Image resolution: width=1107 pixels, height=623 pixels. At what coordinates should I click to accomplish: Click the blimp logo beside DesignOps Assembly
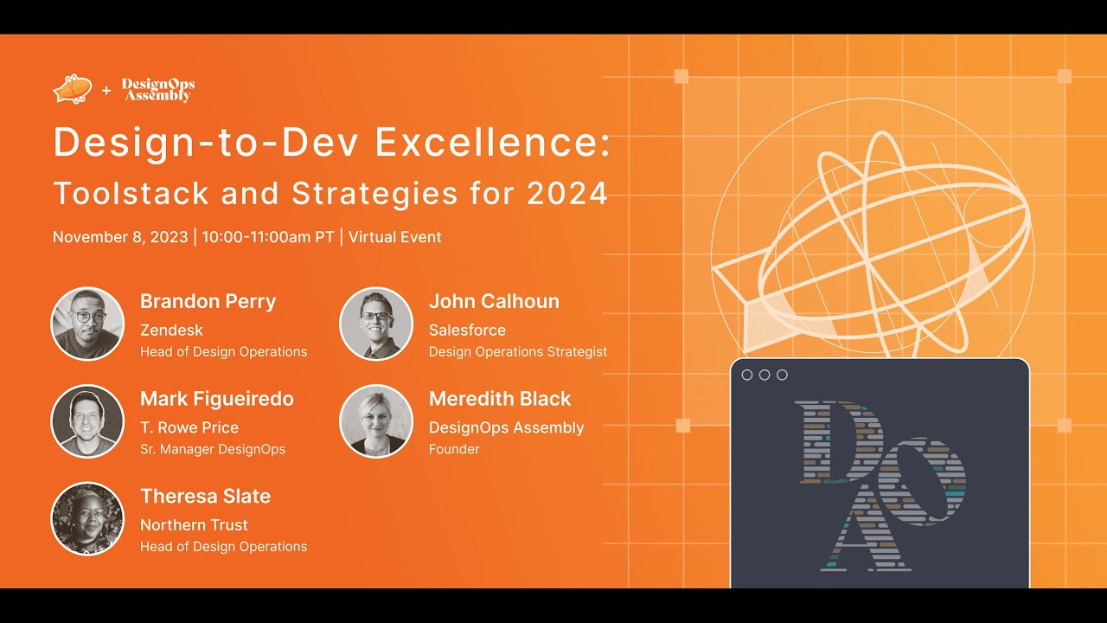pyautogui.click(x=73, y=89)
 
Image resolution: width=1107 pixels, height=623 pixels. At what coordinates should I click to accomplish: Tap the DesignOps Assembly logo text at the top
pyautogui.click(x=157, y=90)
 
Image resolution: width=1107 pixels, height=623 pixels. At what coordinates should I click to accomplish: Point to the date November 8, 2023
pyautogui.click(x=120, y=237)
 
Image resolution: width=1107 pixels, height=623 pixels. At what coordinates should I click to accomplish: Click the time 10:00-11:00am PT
pyautogui.click(x=267, y=237)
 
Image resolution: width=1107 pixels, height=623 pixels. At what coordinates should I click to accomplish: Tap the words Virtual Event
pyautogui.click(x=394, y=237)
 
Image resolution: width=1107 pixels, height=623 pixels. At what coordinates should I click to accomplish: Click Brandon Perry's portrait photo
pyautogui.click(x=87, y=324)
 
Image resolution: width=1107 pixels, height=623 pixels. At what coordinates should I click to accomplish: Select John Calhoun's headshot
pyautogui.click(x=376, y=324)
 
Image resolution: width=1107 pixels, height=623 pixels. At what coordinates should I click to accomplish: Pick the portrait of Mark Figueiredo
pyautogui.click(x=87, y=421)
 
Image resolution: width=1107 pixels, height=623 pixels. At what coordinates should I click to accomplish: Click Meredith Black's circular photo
pyautogui.click(x=376, y=421)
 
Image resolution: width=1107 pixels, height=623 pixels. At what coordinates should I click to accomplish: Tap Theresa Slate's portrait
pyautogui.click(x=87, y=518)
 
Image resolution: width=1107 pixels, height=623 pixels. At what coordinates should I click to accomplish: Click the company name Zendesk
pyautogui.click(x=171, y=330)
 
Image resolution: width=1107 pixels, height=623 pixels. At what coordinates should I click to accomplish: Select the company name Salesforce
pyautogui.click(x=467, y=330)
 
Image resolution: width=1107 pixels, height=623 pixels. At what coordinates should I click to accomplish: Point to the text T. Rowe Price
pyautogui.click(x=189, y=427)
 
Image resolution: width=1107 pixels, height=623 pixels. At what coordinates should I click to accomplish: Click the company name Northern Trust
pyautogui.click(x=194, y=524)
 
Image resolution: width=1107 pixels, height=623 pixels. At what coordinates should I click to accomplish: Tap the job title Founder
pyautogui.click(x=454, y=449)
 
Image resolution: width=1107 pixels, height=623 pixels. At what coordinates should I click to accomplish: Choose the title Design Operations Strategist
pyautogui.click(x=518, y=351)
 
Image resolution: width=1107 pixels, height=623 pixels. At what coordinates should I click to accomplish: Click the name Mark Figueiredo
pyautogui.click(x=217, y=399)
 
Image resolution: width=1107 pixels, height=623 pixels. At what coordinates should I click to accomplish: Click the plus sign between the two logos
pyautogui.click(x=106, y=90)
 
